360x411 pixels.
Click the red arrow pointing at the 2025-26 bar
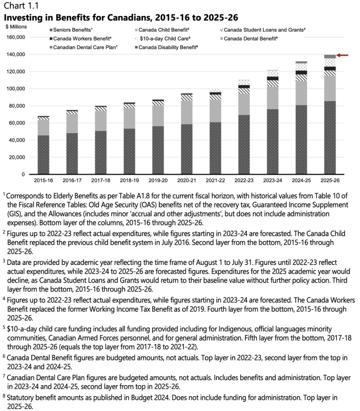coord(343,55)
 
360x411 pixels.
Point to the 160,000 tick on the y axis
coord(16,37)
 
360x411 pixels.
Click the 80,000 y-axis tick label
coord(17,106)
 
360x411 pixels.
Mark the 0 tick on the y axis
coord(23,174)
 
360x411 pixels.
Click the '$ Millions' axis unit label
coord(16,26)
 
